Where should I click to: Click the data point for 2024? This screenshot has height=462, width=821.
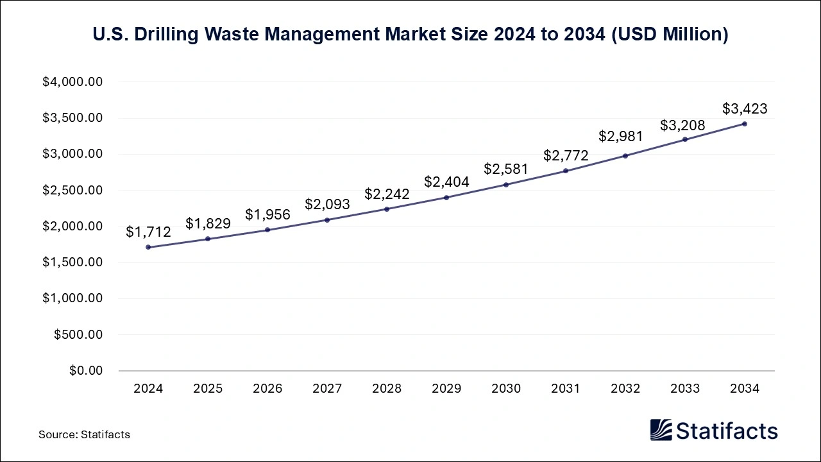pyautogui.click(x=148, y=247)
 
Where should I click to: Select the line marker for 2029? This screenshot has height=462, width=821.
pyautogui.click(x=446, y=197)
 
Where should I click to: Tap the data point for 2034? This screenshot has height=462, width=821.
pyautogui.click(x=745, y=124)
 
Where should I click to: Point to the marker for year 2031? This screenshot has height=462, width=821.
pyautogui.click(x=566, y=171)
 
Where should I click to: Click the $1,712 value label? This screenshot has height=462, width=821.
pyautogui.click(x=148, y=232)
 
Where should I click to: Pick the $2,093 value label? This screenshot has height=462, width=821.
pyautogui.click(x=327, y=204)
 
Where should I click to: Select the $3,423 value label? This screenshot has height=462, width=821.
pyautogui.click(x=745, y=108)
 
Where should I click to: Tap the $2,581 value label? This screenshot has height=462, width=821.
pyautogui.click(x=506, y=169)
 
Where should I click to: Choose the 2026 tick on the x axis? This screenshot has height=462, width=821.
pyautogui.click(x=267, y=389)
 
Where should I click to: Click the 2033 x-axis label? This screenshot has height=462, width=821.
pyautogui.click(x=685, y=389)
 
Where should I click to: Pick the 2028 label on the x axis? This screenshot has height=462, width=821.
pyautogui.click(x=387, y=389)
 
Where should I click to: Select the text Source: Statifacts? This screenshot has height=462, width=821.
pyautogui.click(x=84, y=434)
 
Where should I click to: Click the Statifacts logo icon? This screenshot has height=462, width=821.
pyautogui.click(x=661, y=430)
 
